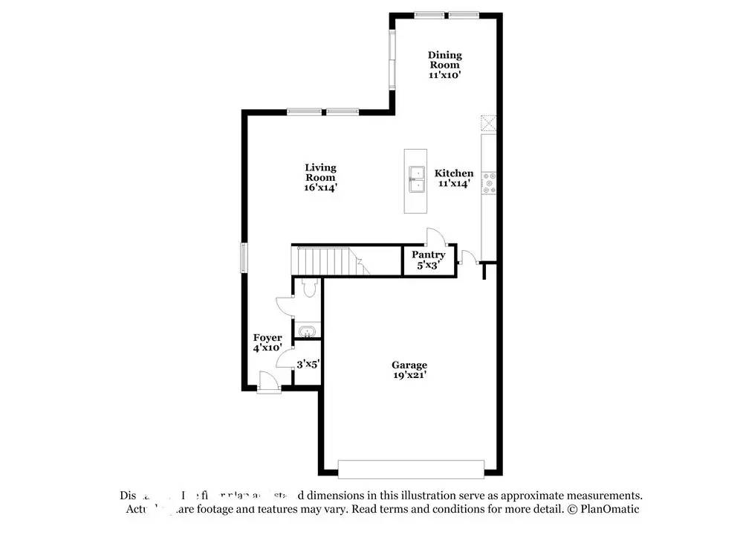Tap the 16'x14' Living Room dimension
[320, 188]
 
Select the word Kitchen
[453, 173]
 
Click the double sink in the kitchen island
[415, 181]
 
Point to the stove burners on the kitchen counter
[489, 183]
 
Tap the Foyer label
[267, 338]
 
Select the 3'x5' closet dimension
[308, 365]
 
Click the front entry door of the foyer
[269, 385]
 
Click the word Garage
[409, 365]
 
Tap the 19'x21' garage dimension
[409, 376]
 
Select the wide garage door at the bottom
[411, 468]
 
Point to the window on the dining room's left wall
[392, 60]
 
